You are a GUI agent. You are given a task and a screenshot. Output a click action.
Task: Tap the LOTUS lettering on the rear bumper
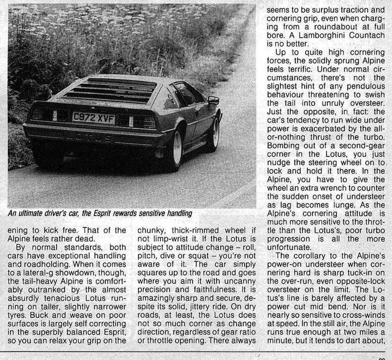pyautogui.click(x=93, y=138)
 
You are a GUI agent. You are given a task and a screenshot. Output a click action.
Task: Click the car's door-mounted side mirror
pyautogui.click(x=213, y=100)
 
